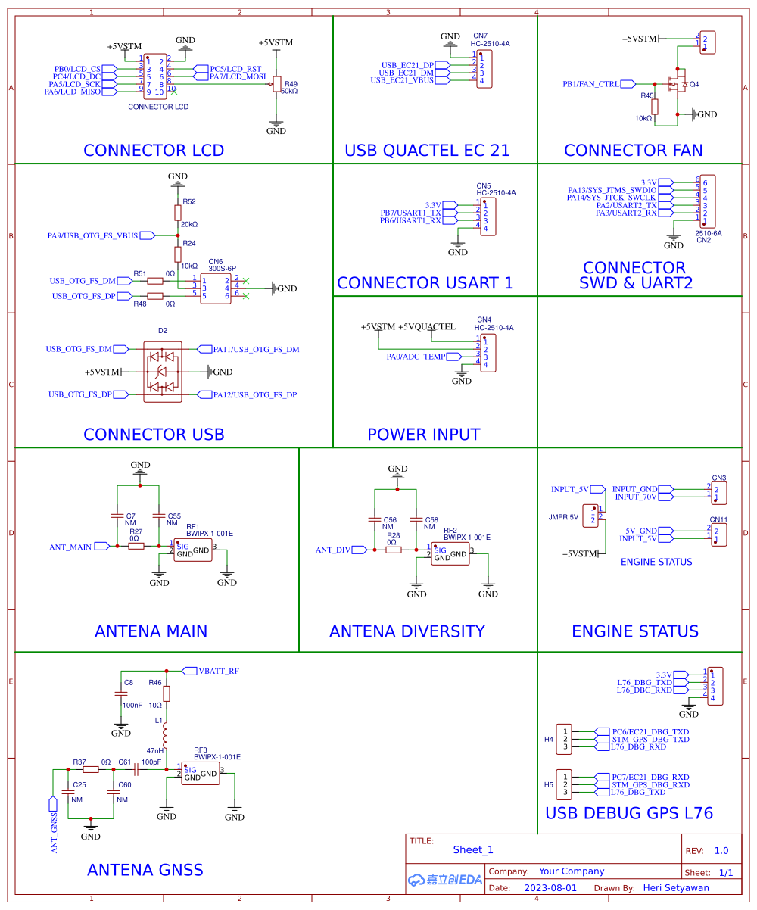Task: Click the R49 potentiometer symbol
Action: tap(276, 83)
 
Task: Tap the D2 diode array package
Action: tap(162, 372)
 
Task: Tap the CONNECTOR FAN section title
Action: tap(633, 151)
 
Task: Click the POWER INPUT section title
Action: tap(423, 435)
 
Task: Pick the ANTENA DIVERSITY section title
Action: tap(407, 631)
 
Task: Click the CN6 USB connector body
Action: tap(216, 288)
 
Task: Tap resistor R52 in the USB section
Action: tap(178, 213)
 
